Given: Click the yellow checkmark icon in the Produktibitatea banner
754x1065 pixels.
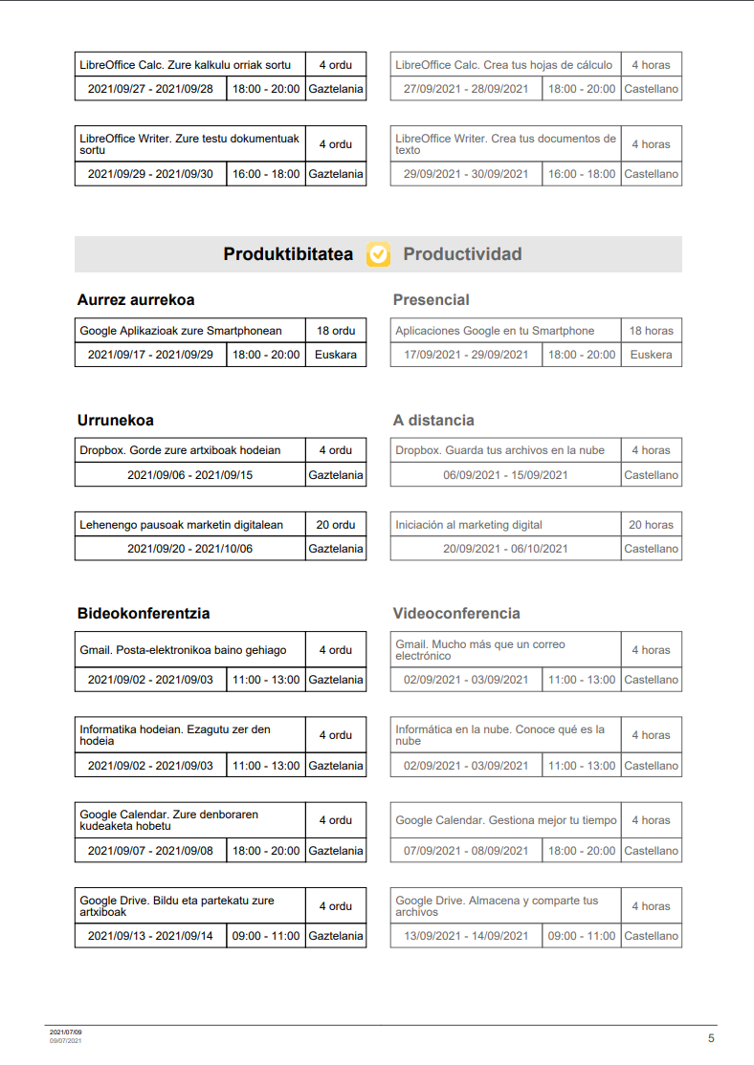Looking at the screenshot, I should pyautogui.click(x=378, y=254).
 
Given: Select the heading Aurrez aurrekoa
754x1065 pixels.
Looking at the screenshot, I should pyautogui.click(x=136, y=300).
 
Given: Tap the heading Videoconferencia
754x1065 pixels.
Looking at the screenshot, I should pyautogui.click(x=456, y=614).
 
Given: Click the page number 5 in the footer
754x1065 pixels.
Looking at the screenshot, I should pyautogui.click(x=711, y=1038).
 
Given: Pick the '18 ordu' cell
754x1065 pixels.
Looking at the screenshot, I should pyautogui.click(x=336, y=331).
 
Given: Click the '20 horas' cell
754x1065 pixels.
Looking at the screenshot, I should pyautogui.click(x=651, y=525).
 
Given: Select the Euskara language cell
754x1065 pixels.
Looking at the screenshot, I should pyautogui.click(x=336, y=355).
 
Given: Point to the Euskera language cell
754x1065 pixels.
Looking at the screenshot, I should pyautogui.click(x=651, y=355).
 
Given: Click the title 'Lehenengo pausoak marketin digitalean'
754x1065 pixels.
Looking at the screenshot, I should pyautogui.click(x=182, y=525).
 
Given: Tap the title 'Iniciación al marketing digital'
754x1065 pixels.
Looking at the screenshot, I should pyautogui.click(x=469, y=525).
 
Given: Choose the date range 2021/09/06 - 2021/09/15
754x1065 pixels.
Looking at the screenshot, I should pyautogui.click(x=190, y=475).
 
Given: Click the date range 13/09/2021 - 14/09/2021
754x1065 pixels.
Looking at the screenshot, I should pyautogui.click(x=466, y=936).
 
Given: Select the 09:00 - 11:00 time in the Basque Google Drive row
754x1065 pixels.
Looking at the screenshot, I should pyautogui.click(x=266, y=936).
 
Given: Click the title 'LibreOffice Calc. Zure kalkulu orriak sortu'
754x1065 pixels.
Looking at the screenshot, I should pyautogui.click(x=186, y=65).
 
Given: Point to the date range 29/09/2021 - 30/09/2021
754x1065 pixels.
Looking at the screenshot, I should pyautogui.click(x=466, y=174).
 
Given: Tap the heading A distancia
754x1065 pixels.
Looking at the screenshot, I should pyautogui.click(x=433, y=421).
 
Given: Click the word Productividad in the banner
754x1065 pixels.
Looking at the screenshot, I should pyautogui.click(x=462, y=254).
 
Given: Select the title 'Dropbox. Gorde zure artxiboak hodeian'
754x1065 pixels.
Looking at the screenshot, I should pyautogui.click(x=181, y=450).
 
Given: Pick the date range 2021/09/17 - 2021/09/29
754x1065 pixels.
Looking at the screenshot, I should pyautogui.click(x=150, y=355).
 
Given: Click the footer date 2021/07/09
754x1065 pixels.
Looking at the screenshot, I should pyautogui.click(x=66, y=1032).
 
